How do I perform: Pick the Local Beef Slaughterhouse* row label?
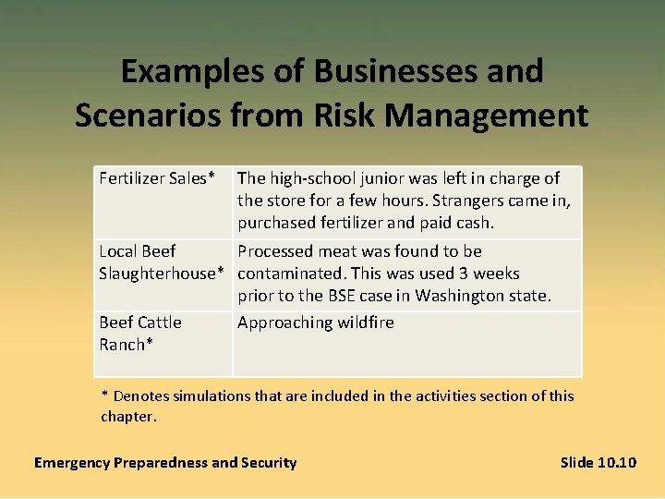162,262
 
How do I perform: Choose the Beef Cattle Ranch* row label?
140,334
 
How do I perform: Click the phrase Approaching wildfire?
315,323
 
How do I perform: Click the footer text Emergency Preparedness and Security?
165,462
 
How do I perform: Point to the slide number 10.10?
616,462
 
